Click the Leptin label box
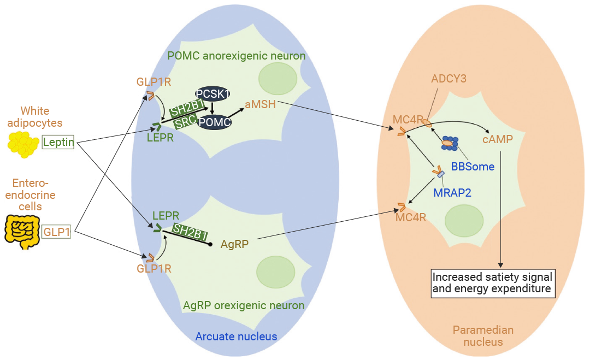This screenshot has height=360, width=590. point(58,142)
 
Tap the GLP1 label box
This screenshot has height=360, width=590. point(56,232)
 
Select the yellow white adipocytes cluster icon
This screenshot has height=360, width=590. point(23,144)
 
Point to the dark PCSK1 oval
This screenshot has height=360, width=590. point(213,93)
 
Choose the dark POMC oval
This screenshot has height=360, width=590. point(215,122)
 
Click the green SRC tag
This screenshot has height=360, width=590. point(186,121)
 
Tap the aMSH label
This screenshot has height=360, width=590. point(261,104)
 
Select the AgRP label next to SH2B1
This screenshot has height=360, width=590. point(234,244)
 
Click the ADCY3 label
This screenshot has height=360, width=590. point(449,79)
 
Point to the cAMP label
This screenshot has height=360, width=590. point(498,139)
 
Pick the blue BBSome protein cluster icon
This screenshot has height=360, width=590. point(450,143)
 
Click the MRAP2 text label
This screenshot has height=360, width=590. point(452,193)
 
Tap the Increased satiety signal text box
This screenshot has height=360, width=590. point(493,284)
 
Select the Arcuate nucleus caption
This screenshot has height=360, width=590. point(237,337)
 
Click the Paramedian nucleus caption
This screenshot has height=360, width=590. point(483,336)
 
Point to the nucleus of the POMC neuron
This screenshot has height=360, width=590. point(278,79)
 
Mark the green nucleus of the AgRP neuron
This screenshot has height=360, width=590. point(275,272)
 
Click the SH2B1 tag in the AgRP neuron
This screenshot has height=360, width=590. point(190,232)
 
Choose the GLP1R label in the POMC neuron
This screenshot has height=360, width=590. point(154,81)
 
